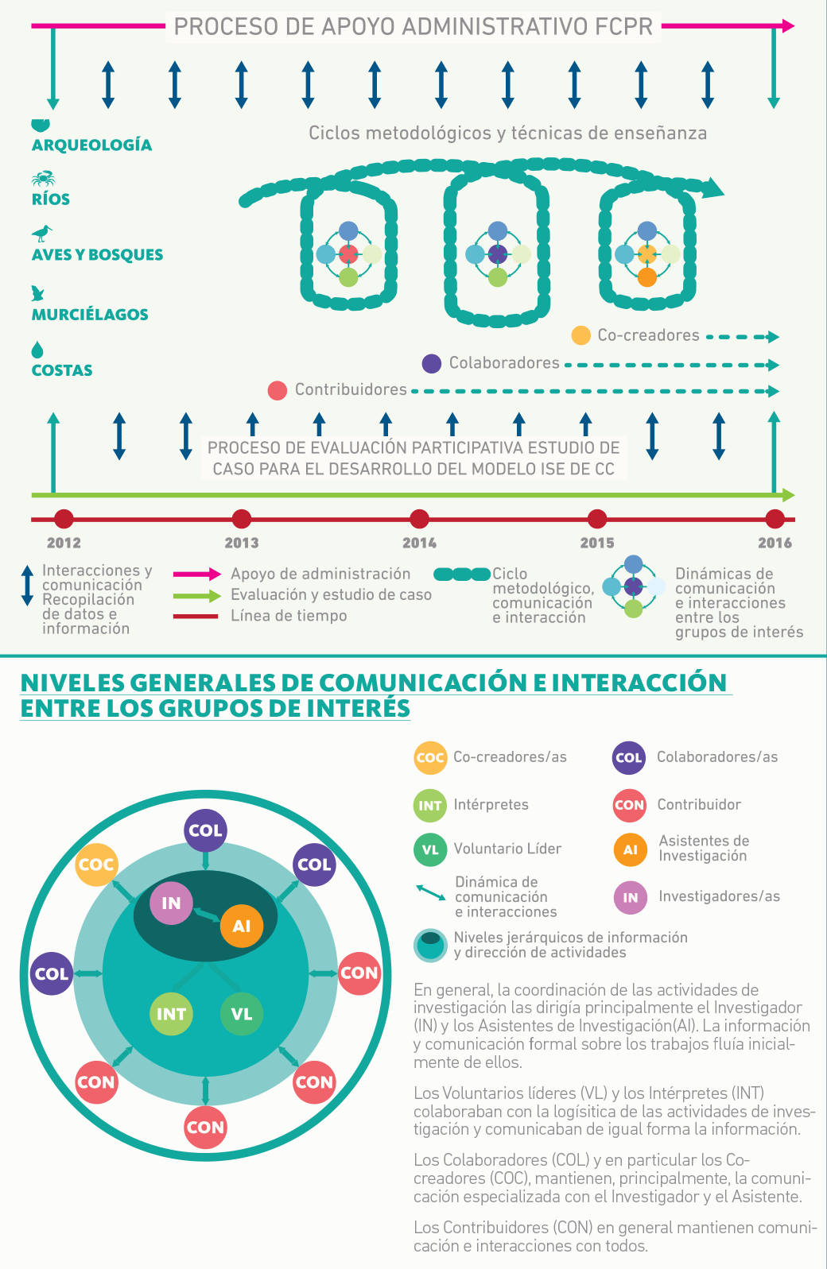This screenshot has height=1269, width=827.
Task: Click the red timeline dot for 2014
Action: click(x=419, y=519)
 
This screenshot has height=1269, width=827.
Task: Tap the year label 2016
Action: click(x=775, y=543)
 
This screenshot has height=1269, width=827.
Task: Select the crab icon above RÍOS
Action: click(x=43, y=178)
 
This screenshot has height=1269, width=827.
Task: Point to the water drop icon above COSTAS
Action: click(x=37, y=350)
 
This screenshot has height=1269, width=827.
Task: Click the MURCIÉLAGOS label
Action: click(x=90, y=315)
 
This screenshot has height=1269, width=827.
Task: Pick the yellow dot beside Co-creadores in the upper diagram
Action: click(x=581, y=335)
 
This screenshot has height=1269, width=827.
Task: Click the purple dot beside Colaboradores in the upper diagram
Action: click(x=431, y=364)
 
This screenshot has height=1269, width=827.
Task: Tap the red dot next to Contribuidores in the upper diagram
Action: click(x=277, y=390)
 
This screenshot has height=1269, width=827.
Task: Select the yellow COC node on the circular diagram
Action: click(x=96, y=865)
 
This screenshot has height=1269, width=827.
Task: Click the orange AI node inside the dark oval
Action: click(x=241, y=926)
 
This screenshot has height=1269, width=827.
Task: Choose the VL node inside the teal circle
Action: click(x=241, y=1014)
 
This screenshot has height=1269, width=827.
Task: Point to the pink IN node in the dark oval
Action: click(x=171, y=903)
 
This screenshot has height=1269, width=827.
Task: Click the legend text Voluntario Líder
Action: click(x=507, y=849)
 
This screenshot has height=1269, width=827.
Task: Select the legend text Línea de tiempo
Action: click(x=289, y=616)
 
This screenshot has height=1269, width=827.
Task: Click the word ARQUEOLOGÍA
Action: click(x=91, y=145)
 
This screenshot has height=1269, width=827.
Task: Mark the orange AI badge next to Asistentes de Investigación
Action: click(x=630, y=849)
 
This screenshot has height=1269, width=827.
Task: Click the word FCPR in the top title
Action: click(x=624, y=27)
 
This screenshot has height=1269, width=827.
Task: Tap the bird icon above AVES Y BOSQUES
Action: click(x=42, y=233)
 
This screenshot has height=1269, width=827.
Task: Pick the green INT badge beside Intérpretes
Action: click(x=430, y=805)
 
